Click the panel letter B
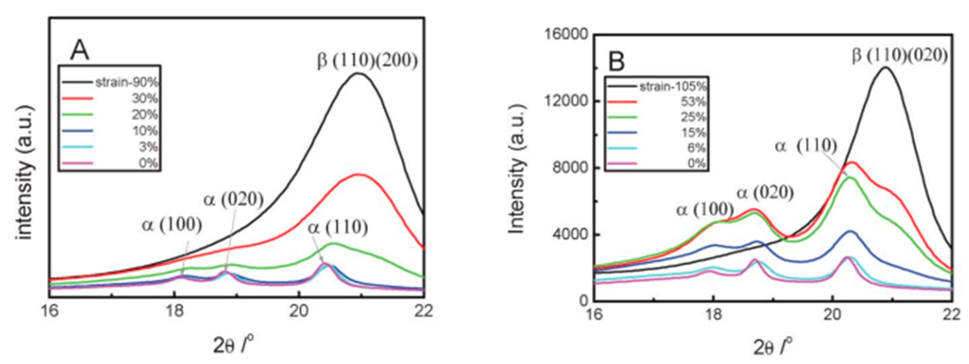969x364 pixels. tap(617, 61)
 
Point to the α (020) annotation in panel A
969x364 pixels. tap(234, 200)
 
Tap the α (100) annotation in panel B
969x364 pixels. tap(705, 210)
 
